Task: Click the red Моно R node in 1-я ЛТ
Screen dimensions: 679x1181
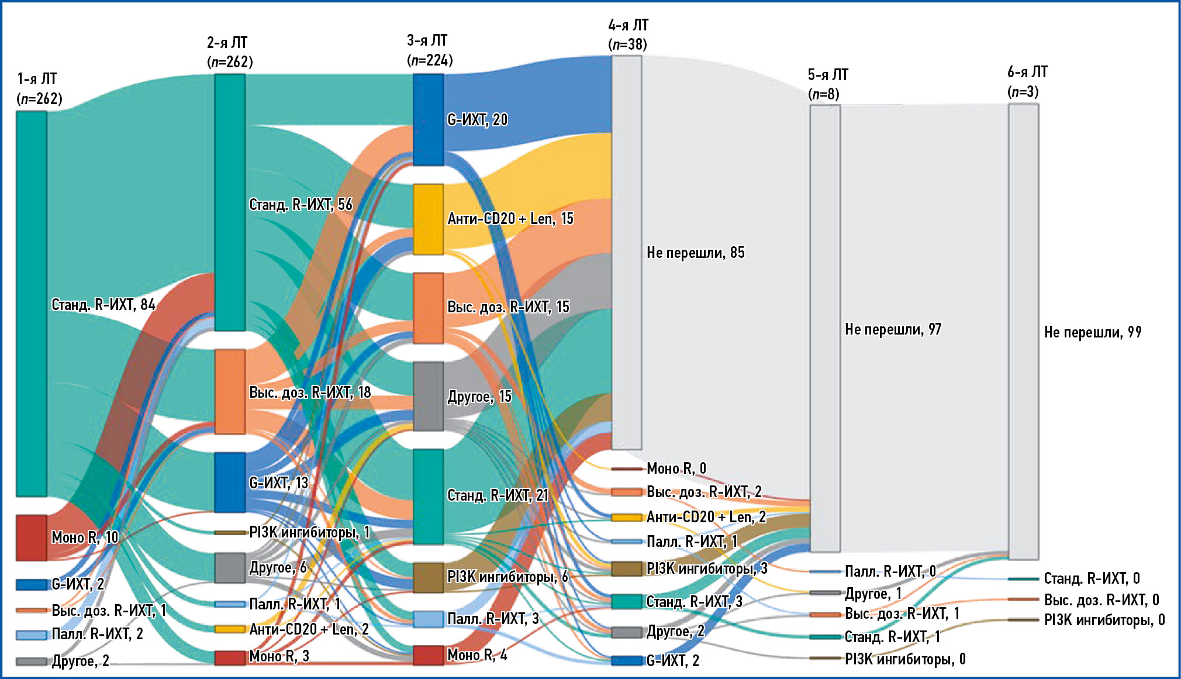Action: pos(32,537)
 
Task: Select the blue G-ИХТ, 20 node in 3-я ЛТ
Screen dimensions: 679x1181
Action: pos(429,119)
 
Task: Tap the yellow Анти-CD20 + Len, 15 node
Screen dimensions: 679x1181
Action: pos(429,219)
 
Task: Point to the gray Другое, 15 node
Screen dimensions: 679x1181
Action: pos(429,397)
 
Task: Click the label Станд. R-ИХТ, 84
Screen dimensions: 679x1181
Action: pos(103,305)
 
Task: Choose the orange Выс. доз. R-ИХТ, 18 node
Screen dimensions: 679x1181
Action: pos(230,392)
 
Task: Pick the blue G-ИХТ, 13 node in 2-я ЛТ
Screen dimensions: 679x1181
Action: pos(230,482)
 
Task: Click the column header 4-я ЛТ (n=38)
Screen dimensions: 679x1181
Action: pos(628,35)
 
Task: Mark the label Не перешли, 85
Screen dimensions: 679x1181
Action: pos(695,253)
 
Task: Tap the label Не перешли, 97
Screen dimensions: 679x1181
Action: pos(893,329)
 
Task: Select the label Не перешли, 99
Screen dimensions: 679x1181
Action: pos(1093,332)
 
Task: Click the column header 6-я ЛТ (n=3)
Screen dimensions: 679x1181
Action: pos(1027,82)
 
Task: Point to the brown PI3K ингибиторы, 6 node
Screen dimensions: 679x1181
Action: pos(429,577)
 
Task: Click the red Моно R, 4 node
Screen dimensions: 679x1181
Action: pos(429,655)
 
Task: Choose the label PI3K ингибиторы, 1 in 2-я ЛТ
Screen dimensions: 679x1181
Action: pos(309,532)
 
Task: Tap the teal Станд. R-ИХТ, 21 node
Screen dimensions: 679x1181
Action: pos(429,497)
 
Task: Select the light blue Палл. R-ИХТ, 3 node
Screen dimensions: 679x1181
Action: pos(429,619)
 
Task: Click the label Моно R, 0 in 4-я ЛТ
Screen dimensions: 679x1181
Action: pos(676,468)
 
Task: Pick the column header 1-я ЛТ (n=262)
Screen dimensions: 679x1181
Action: pos(39,88)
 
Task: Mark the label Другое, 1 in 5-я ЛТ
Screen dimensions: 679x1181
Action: pos(873,594)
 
